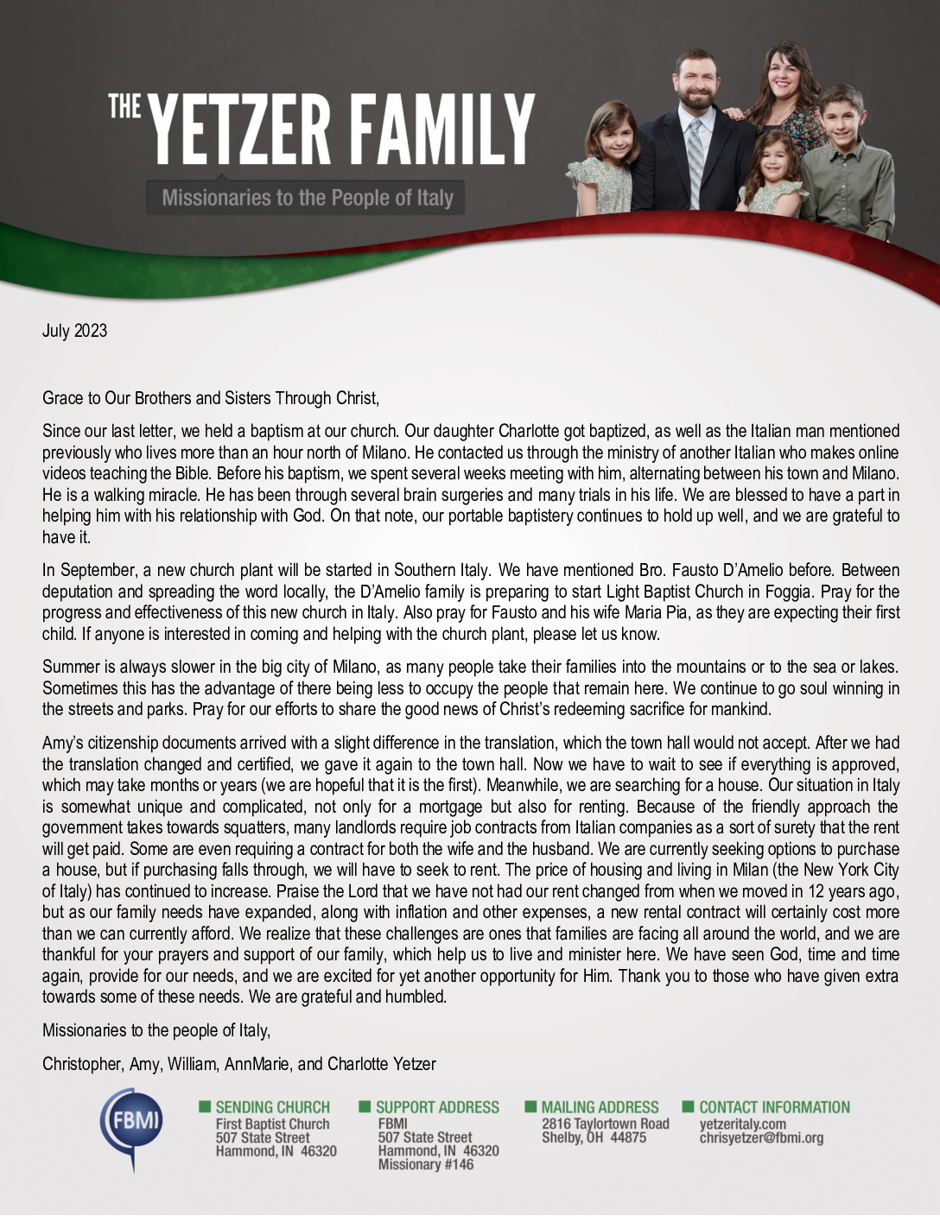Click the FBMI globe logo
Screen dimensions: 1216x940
point(130,1126)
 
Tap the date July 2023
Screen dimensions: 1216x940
point(74,331)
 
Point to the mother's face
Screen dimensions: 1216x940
point(784,78)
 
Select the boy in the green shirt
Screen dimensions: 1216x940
point(846,164)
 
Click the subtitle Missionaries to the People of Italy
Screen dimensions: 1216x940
point(307,198)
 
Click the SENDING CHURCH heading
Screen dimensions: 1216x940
point(272,1107)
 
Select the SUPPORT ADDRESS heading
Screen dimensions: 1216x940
point(437,1107)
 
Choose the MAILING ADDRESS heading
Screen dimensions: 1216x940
point(600,1107)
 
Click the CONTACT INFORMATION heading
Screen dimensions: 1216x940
point(774,1107)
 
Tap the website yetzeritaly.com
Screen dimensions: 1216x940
point(742,1124)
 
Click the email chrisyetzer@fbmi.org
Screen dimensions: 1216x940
point(761,1137)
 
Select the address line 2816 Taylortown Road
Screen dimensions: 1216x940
point(605,1124)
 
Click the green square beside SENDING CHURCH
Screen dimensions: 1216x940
point(205,1106)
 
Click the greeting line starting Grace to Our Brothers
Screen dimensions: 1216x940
point(211,398)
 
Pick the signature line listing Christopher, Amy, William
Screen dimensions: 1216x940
point(238,1064)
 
